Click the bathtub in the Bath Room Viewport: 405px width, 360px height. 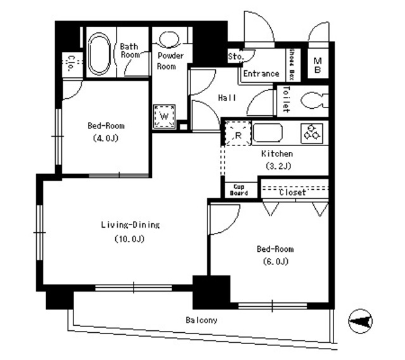(x=99, y=53)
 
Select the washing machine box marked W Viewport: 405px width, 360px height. (x=163, y=117)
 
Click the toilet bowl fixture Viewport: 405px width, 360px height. (x=313, y=101)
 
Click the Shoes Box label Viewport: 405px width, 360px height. (x=292, y=65)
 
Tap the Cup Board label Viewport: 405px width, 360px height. (x=239, y=190)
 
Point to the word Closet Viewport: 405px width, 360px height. (x=292, y=192)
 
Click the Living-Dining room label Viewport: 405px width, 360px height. (x=130, y=225)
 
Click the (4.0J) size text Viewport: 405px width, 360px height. (x=105, y=137)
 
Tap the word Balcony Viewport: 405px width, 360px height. (x=201, y=320)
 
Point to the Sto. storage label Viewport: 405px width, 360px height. (x=234, y=57)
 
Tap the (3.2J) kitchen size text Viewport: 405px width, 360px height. (x=277, y=166)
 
